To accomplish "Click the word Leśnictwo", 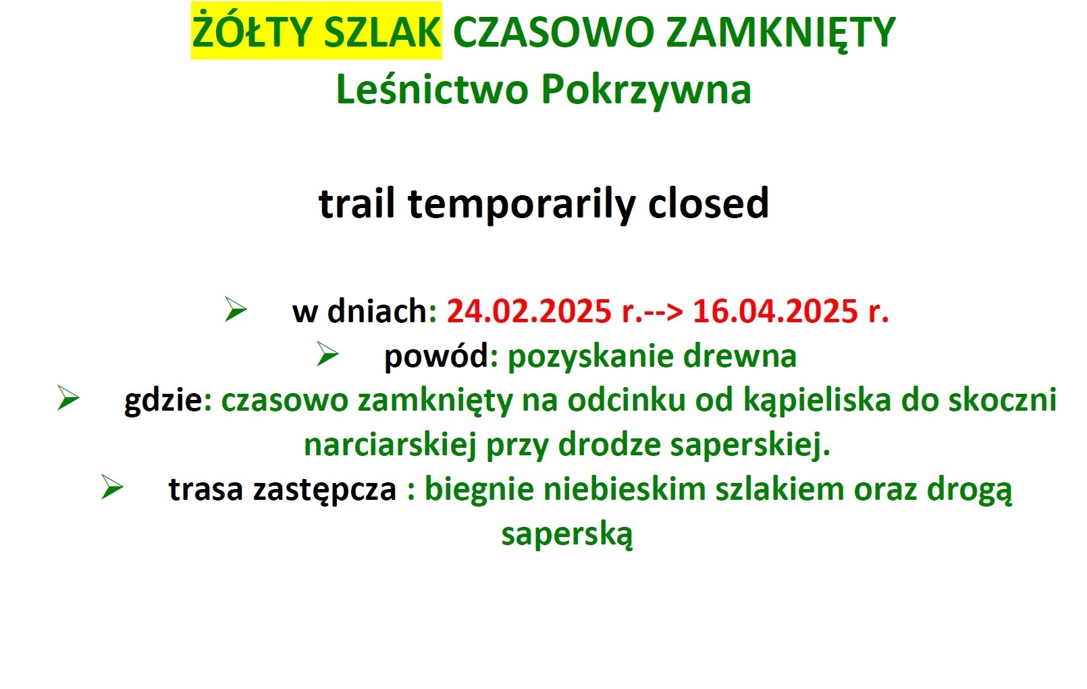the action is point(432,89).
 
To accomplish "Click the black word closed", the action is point(708,203).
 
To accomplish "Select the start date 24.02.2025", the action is point(529,311).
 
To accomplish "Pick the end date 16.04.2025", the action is point(775,311).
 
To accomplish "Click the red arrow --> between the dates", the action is point(664,311).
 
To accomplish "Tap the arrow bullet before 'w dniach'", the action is point(236,309).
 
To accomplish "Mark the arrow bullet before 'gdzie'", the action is point(68,398).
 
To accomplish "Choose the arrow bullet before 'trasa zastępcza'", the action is point(112,487).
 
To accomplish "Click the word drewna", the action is point(740,356).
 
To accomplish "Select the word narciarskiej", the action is point(390,445).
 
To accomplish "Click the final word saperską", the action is point(567,534).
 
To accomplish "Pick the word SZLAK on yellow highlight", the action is point(382,32).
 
